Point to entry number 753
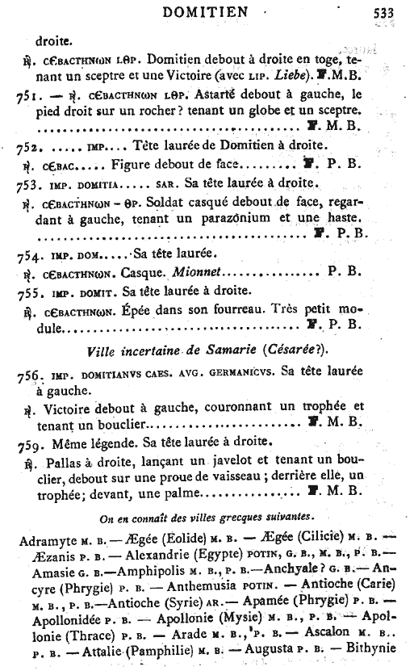pyautogui.click(x=29, y=184)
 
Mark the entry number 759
pyautogui.click(x=29, y=442)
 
